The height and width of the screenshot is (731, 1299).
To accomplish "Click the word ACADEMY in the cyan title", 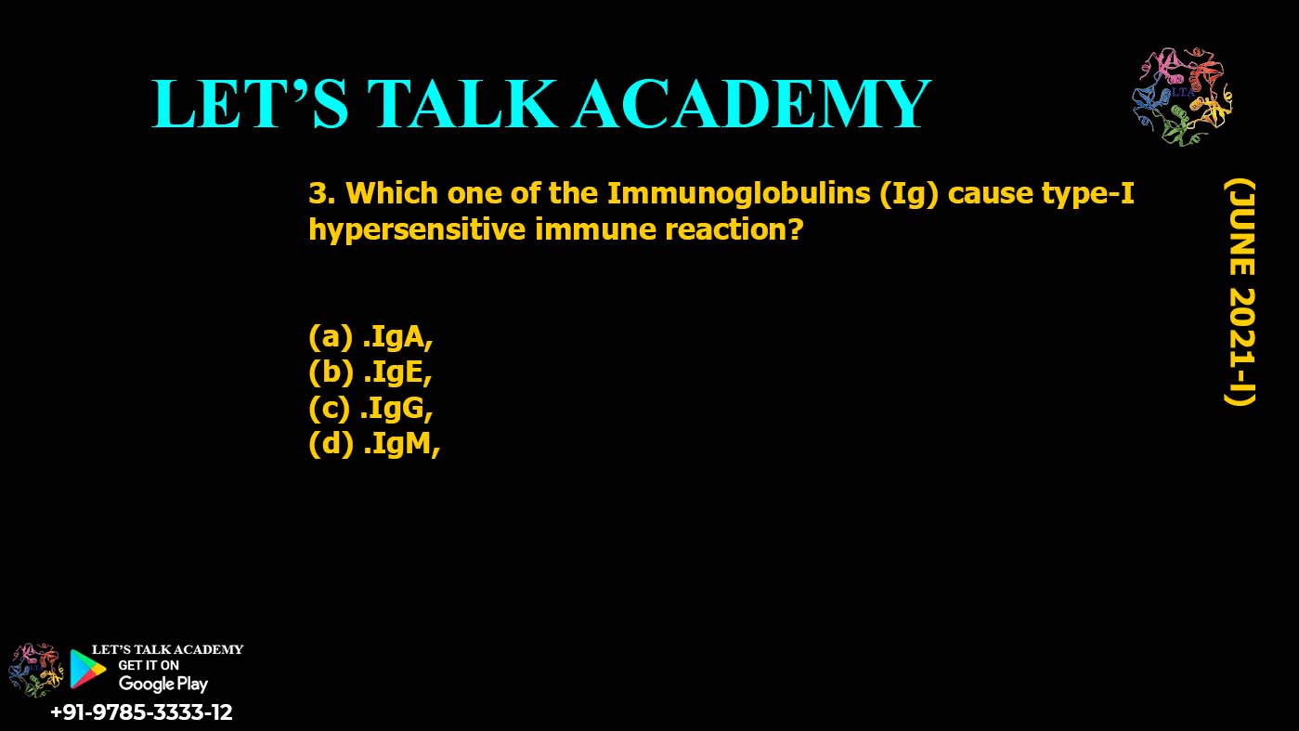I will click(x=750, y=103).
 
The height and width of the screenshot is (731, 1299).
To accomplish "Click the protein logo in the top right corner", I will click(x=1181, y=97).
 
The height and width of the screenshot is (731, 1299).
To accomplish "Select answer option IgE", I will click(x=397, y=372).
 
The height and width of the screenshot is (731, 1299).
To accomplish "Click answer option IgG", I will click(x=397, y=408).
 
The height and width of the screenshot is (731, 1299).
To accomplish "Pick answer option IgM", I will click(x=400, y=445).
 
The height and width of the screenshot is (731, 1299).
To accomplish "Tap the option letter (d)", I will click(x=331, y=445).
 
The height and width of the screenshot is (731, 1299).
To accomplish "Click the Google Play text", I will click(x=163, y=684).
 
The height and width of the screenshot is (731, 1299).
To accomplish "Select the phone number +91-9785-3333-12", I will click(x=141, y=712).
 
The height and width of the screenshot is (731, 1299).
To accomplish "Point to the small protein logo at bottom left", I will click(x=34, y=669).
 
